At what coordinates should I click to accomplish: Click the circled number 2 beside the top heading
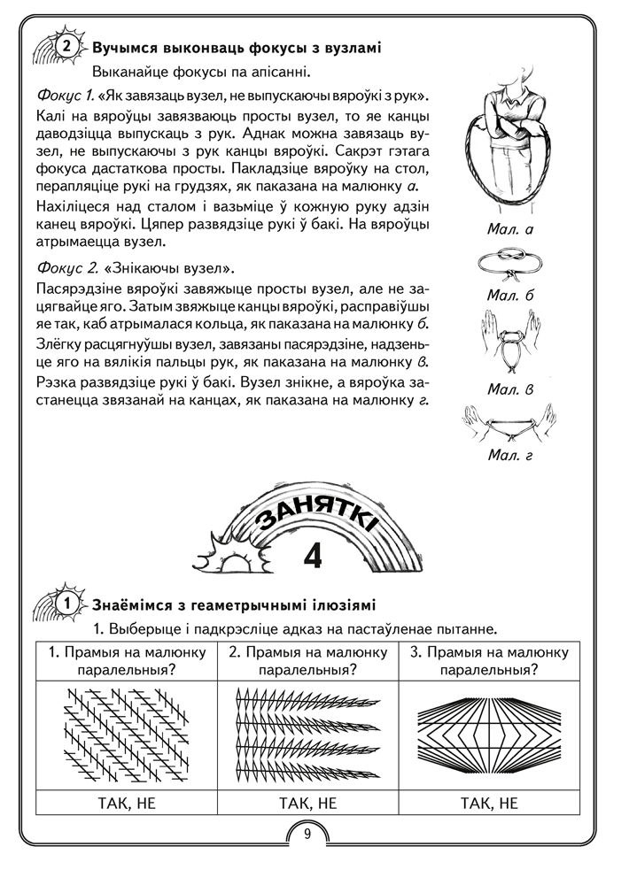coord(65,47)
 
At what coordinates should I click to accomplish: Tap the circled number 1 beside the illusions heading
coord(65,604)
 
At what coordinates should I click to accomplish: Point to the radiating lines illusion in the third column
coord(490,735)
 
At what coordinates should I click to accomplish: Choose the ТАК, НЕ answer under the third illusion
coord(490,804)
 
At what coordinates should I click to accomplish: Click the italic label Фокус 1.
coord(66,94)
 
